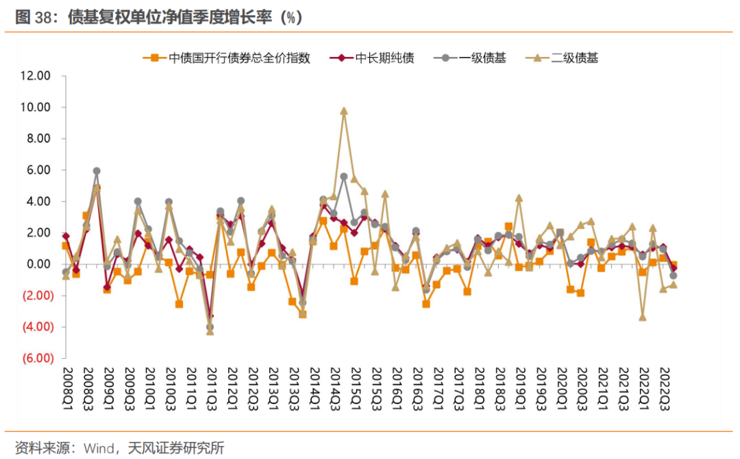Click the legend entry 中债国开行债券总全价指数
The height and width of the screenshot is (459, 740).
pyautogui.click(x=239, y=58)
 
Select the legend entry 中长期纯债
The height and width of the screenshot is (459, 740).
pyautogui.click(x=384, y=58)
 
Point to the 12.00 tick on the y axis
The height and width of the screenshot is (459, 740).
pyautogui.click(x=36, y=76)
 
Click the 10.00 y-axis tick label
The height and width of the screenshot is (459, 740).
pyautogui.click(x=36, y=108)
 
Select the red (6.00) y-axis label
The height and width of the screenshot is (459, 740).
pyautogui.click(x=36, y=358)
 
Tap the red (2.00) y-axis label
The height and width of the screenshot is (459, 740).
pyautogui.click(x=36, y=296)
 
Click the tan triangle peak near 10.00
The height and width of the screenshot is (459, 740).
pyautogui.click(x=344, y=110)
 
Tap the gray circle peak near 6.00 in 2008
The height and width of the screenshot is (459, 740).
pyautogui.click(x=97, y=171)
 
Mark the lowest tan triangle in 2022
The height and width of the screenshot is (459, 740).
pyautogui.click(x=643, y=317)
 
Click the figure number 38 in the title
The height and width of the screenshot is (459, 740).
pyautogui.click(x=45, y=17)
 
